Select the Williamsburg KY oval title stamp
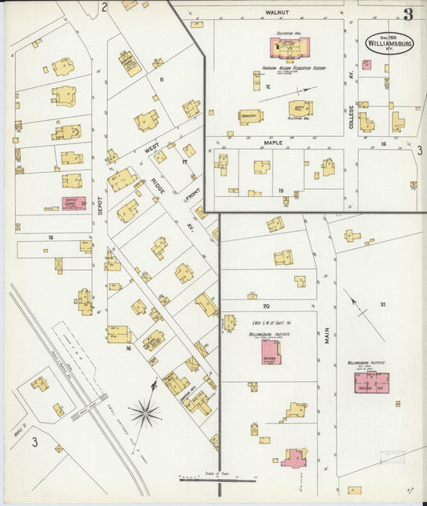[x=390, y=43]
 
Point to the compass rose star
[x=146, y=412]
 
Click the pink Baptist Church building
[x=74, y=205]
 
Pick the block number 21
[x=383, y=304]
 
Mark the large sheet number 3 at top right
[x=408, y=14]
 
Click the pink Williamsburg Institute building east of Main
[x=372, y=383]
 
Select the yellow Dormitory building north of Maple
[x=250, y=117]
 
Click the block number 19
[x=280, y=191]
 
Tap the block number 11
[x=161, y=79]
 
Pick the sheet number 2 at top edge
[x=104, y=8]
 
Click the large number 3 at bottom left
[x=34, y=441]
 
